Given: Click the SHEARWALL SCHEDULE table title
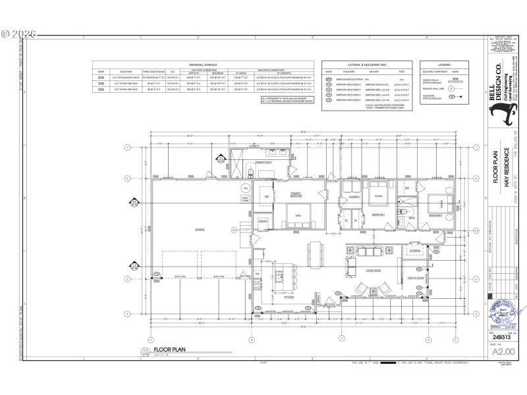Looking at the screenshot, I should click(x=204, y=65).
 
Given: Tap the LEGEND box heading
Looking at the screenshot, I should click(x=445, y=65).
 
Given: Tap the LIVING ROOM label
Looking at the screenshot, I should click(x=375, y=270).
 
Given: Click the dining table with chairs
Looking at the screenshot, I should click(x=315, y=251).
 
